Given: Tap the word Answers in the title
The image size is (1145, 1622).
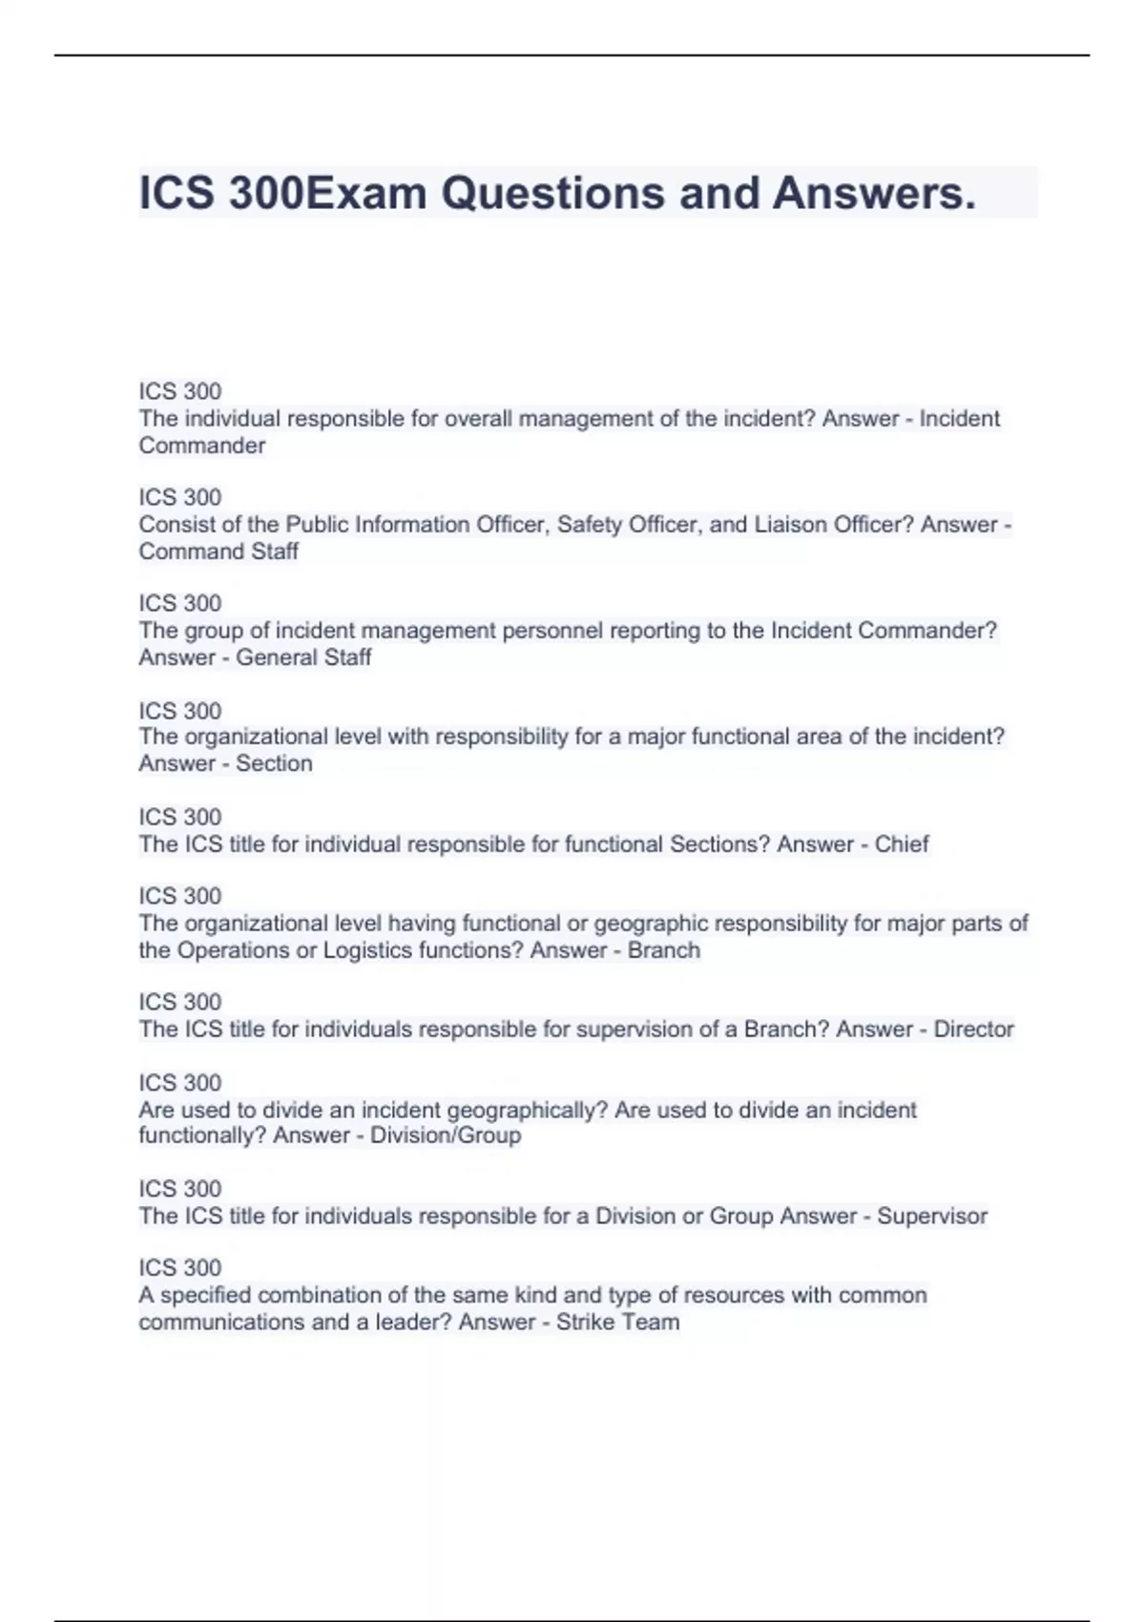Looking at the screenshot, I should [x=874, y=194].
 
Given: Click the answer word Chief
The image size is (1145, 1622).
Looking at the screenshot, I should [x=902, y=844].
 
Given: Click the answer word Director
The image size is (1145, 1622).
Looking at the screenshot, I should [x=973, y=1029].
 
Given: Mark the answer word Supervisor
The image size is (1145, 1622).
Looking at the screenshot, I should [x=932, y=1216].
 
